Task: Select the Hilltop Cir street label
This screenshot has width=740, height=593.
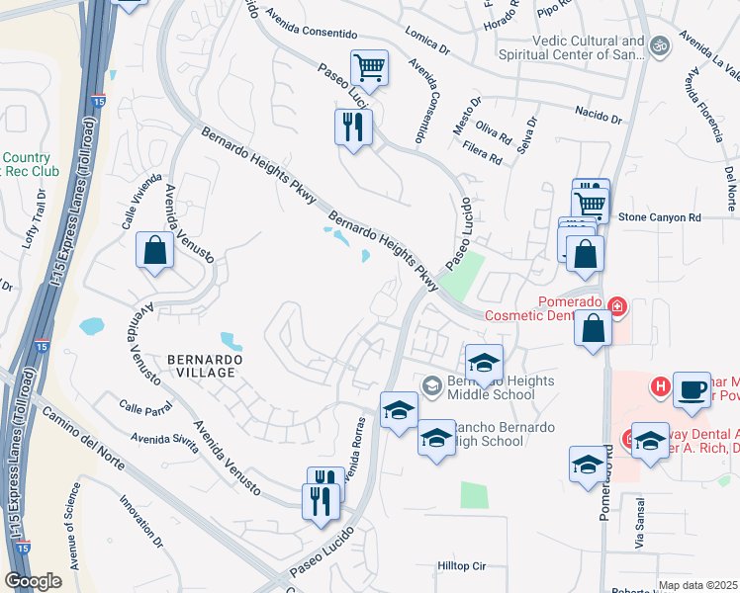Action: (x=462, y=566)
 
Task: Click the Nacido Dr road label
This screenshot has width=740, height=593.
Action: (x=596, y=117)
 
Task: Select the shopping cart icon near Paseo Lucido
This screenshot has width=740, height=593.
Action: (x=369, y=68)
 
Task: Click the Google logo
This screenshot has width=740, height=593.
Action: (x=33, y=581)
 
